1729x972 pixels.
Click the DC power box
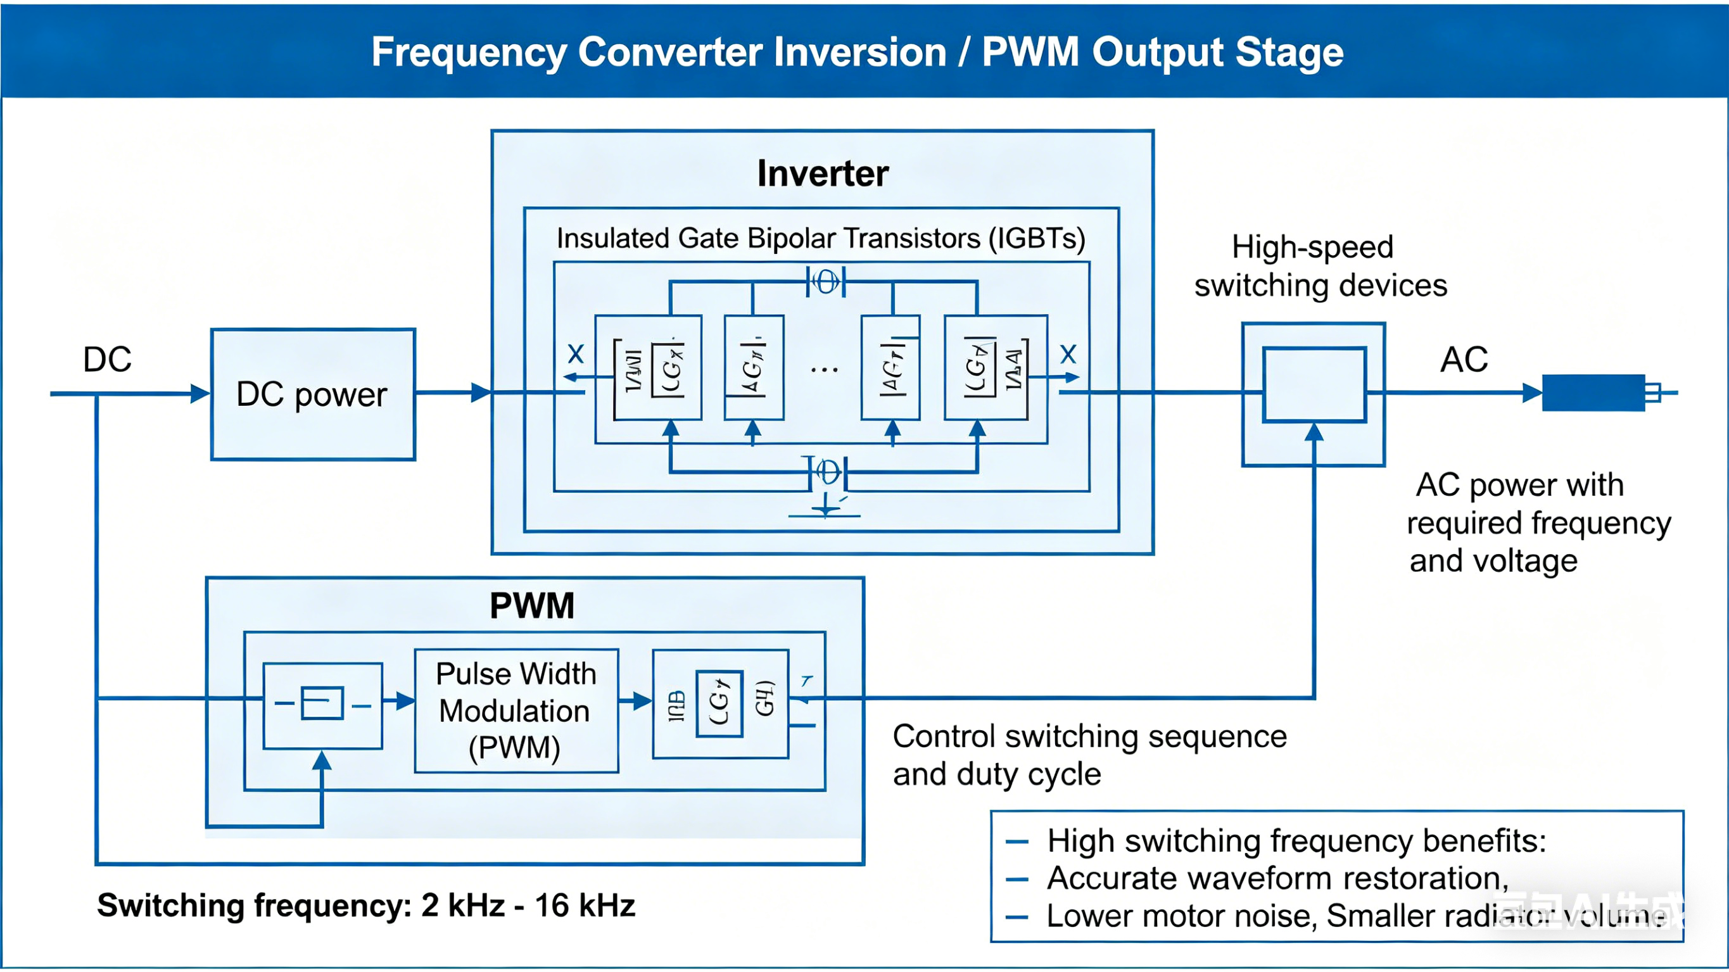pyautogui.click(x=313, y=394)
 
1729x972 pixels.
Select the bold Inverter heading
pyautogui.click(x=822, y=174)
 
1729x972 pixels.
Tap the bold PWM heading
pyautogui.click(x=531, y=605)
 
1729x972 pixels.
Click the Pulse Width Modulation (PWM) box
pyautogui.click(x=516, y=710)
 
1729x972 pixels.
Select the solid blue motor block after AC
pyautogui.click(x=1593, y=393)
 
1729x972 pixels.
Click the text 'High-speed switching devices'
pyautogui.click(x=1320, y=267)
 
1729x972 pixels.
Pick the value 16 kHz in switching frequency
pyautogui.click(x=585, y=906)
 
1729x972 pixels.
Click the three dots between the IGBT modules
pyautogui.click(x=823, y=369)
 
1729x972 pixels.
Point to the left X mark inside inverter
pyautogui.click(x=576, y=354)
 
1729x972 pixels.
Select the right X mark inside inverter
pyautogui.click(x=1068, y=354)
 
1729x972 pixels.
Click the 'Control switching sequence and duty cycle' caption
pyautogui.click(x=1089, y=755)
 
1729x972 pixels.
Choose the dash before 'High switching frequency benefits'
pyautogui.click(x=1017, y=842)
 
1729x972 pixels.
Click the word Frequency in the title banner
pyautogui.click(x=469, y=53)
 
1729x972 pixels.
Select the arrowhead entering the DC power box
pyautogui.click(x=200, y=393)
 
